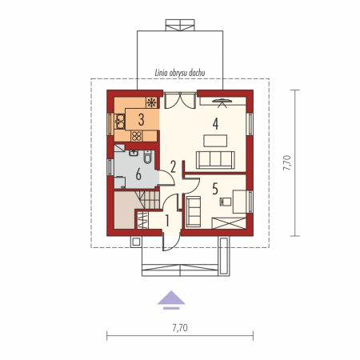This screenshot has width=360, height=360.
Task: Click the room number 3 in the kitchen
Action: point(142,120)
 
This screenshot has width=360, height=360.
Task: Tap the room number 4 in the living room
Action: point(215,124)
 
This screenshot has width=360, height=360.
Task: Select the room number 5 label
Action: point(215,189)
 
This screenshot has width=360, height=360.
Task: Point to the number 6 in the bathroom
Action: point(138,174)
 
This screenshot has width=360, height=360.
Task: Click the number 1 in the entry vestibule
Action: point(167,221)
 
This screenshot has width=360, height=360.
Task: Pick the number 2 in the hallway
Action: point(173,166)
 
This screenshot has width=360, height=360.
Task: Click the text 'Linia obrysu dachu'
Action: point(180,73)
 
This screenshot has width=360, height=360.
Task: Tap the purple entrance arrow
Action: point(171,300)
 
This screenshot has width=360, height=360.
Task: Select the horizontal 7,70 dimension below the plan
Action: point(180,328)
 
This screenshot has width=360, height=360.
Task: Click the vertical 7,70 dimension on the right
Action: point(287,163)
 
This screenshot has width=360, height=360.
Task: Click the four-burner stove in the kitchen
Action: point(137,136)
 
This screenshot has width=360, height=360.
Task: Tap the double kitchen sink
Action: point(120,122)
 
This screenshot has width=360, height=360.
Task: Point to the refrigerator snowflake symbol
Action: point(151,102)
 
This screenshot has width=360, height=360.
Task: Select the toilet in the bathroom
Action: point(147,157)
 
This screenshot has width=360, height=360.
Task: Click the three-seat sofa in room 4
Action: point(215,160)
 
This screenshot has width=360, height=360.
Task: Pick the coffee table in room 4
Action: point(215,141)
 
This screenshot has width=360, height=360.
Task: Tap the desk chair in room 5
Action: point(226,202)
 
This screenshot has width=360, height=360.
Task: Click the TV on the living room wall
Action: point(222,102)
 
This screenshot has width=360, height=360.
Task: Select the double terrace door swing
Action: point(179,101)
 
